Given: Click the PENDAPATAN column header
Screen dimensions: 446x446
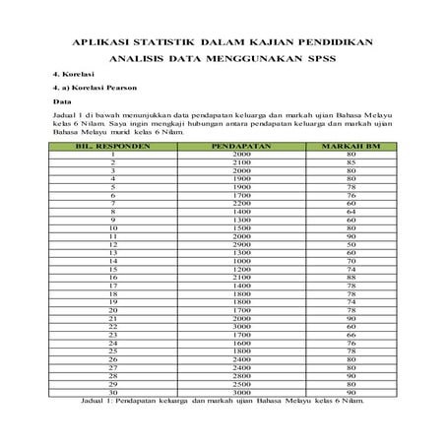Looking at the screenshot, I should (227, 146).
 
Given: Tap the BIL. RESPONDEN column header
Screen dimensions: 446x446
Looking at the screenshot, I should (113, 146).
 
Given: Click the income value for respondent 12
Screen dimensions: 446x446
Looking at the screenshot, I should (227, 243).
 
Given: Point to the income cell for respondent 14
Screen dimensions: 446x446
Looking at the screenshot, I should (227, 260).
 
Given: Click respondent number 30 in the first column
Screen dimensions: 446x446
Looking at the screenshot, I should (113, 391).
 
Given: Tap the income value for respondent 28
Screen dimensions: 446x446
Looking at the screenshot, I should (227, 374).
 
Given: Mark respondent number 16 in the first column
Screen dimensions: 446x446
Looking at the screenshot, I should (113, 277).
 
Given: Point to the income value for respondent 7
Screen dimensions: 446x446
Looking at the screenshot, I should (227, 203).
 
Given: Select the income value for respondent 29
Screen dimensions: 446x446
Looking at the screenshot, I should (227, 383).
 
